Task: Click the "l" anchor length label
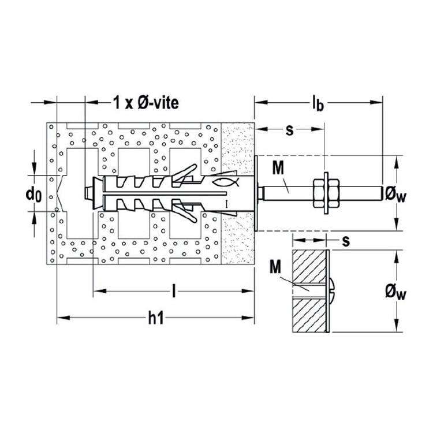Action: pyautogui.click(x=174, y=291)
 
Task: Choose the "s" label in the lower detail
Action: pyautogui.click(x=345, y=241)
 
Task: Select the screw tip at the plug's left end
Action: pyautogui.click(x=89, y=192)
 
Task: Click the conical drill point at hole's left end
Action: pyautogui.click(x=59, y=192)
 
